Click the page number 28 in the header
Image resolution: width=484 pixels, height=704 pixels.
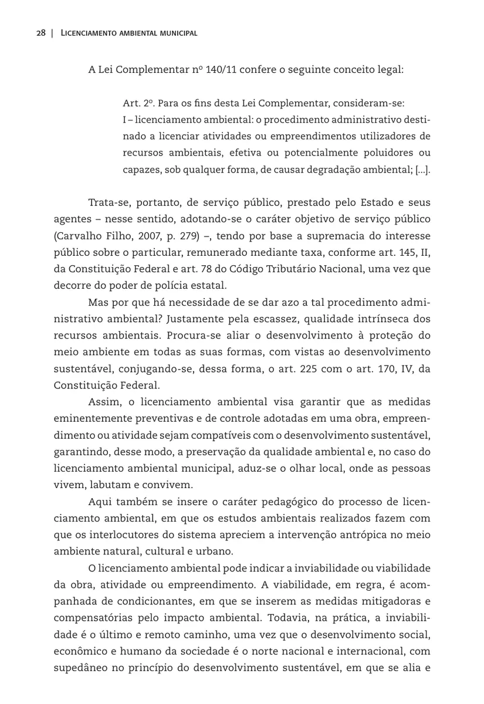(x=40, y=33)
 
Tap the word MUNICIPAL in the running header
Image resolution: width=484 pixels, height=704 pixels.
(x=176, y=33)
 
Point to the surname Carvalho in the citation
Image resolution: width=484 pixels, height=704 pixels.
(x=80, y=236)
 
